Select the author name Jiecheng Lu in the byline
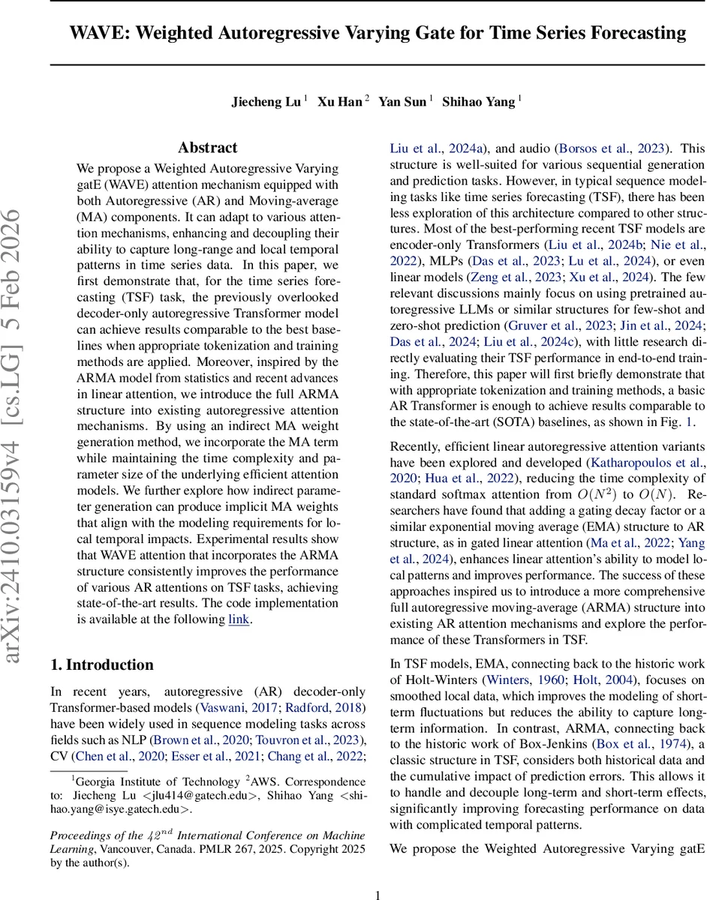click(266, 102)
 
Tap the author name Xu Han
click(339, 102)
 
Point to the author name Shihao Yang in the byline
click(478, 102)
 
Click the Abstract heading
click(208, 148)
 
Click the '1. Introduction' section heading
click(101, 664)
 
